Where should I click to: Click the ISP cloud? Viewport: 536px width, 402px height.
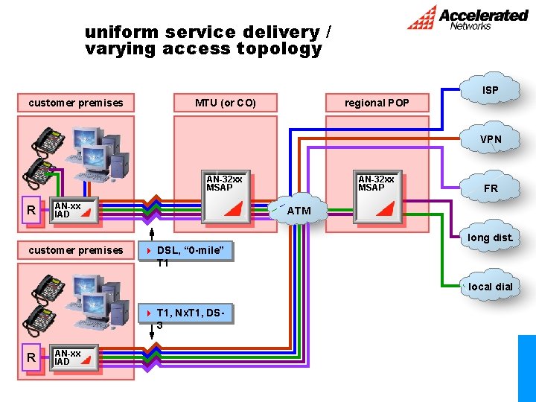click(490, 90)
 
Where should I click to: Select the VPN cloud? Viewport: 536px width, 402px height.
click(490, 139)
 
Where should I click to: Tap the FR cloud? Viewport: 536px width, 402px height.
click(490, 188)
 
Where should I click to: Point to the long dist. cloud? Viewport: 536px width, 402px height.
click(490, 237)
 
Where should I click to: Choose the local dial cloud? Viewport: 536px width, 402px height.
click(490, 287)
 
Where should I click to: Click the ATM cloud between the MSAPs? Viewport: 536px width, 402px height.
click(299, 211)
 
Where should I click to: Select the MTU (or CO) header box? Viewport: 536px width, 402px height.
click(225, 103)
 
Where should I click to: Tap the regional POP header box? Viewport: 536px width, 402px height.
click(376, 103)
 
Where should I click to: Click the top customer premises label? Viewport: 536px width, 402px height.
click(76, 103)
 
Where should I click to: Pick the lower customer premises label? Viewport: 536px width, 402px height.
click(76, 250)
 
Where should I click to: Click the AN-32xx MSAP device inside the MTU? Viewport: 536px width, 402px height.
click(227, 198)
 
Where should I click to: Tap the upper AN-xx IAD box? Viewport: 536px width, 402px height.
click(75, 210)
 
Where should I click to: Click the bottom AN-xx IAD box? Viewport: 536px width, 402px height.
click(75, 358)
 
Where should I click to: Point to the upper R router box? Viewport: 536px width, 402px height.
click(31, 210)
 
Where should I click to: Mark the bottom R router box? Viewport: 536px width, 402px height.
click(31, 358)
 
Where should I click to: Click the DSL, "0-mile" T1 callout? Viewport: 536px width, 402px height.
click(186, 252)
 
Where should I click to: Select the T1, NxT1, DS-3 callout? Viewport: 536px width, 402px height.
click(186, 315)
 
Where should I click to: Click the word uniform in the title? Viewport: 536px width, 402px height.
click(121, 32)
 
